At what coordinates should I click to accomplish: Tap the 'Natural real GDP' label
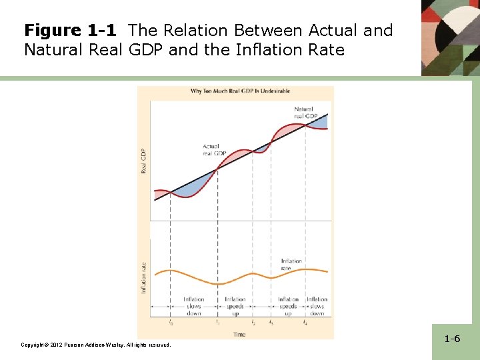303,112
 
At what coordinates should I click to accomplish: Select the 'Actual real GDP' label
215,150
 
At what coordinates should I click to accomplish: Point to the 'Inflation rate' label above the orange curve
291,264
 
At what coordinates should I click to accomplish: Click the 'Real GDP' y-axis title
144,161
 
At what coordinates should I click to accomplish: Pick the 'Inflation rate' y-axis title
143,277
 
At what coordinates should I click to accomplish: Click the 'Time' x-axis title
239,334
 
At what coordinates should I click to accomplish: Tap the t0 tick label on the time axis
171,323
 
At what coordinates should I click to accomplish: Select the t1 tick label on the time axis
217,323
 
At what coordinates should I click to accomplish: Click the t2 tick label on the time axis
253,323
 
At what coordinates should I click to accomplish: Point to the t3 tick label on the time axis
271,323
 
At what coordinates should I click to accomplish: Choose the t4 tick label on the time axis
305,323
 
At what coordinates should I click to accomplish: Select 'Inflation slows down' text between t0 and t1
194,307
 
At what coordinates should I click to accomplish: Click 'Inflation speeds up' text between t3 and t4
288,307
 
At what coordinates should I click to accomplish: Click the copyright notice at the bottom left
96,345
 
